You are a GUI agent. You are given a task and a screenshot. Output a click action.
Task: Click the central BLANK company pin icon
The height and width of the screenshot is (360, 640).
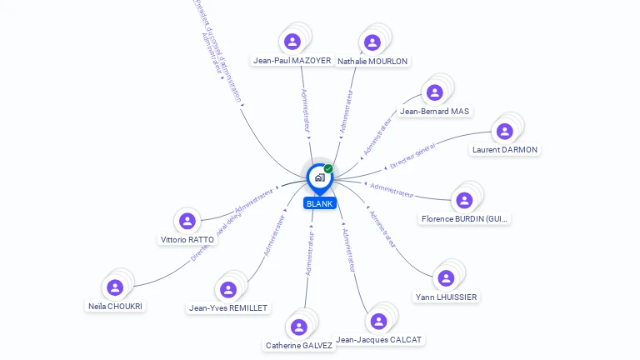319,177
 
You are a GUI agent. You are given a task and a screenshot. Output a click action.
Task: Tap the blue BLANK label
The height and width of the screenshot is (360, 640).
319,203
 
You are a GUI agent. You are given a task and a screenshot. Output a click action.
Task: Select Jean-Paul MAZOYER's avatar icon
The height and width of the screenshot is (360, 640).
292,42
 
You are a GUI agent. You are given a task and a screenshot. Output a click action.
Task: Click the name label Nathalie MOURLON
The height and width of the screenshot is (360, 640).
372,61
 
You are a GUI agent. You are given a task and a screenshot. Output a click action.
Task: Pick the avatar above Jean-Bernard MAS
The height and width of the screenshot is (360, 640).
433,92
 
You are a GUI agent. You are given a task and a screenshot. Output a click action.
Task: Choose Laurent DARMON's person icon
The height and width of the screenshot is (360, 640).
504,132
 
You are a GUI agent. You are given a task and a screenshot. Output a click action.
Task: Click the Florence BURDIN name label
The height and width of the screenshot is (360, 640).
465,219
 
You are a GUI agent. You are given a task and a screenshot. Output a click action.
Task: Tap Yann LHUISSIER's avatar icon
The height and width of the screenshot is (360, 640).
446,278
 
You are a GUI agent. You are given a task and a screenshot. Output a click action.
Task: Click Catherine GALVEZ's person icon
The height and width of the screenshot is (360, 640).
299,327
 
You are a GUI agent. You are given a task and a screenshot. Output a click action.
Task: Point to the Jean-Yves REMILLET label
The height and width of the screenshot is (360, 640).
228,308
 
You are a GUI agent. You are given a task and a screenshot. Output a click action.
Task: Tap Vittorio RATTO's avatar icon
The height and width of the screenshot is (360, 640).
187,221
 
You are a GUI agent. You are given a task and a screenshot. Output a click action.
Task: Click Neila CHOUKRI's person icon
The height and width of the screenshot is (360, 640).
115,287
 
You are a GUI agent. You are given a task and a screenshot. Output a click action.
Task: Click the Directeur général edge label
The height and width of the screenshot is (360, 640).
412,156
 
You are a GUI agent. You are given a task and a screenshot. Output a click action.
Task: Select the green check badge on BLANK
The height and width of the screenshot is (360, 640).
328,168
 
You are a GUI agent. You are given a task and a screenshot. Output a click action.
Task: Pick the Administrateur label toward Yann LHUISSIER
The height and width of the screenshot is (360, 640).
382,229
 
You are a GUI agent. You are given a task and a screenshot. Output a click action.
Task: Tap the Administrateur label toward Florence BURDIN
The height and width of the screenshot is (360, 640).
392,190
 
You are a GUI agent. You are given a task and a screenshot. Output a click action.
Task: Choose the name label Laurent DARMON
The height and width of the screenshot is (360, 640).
505,150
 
